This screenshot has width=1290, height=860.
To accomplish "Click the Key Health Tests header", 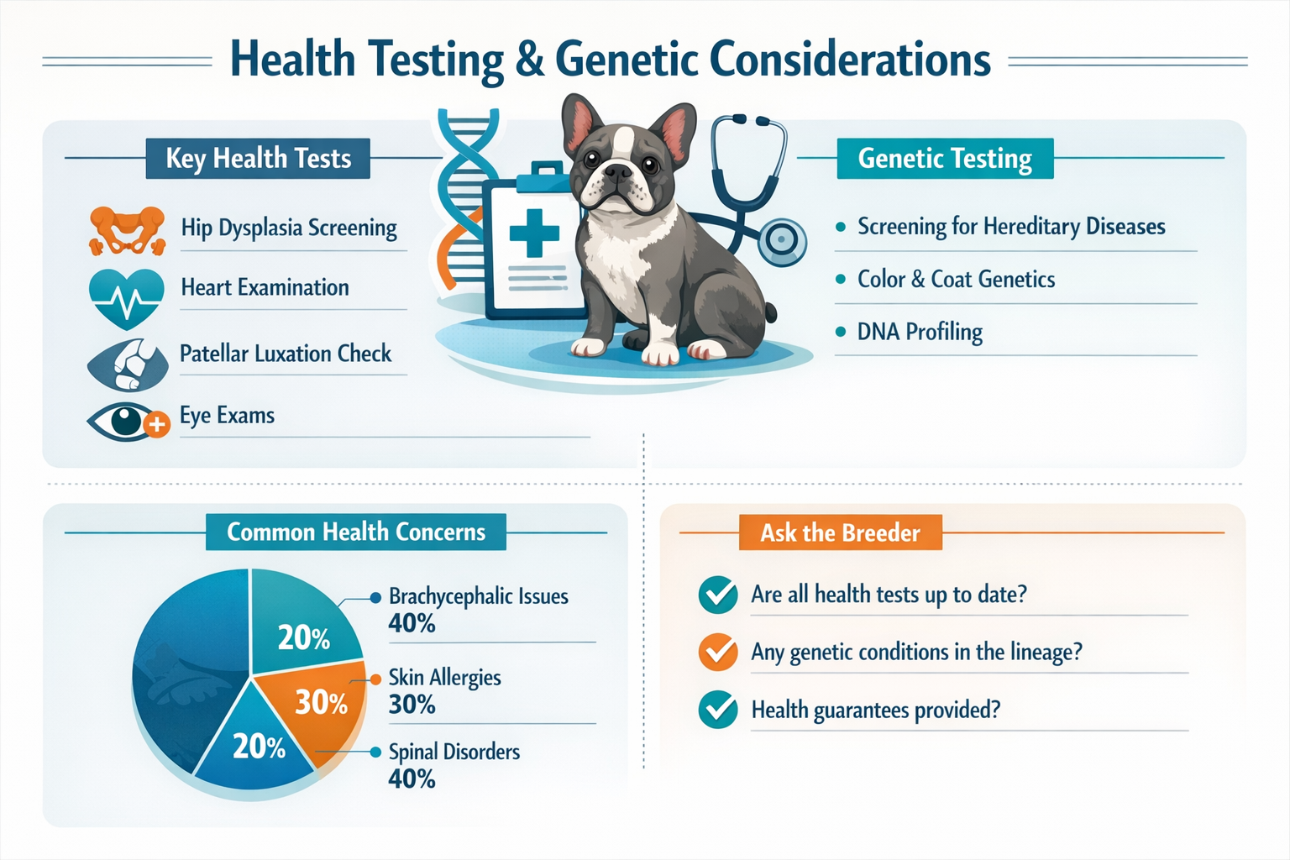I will click(x=258, y=159).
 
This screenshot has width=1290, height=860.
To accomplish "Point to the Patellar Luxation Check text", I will click(x=286, y=354).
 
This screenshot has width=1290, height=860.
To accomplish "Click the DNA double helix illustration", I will click(x=462, y=202).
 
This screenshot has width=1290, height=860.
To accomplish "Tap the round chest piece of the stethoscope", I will click(x=782, y=240).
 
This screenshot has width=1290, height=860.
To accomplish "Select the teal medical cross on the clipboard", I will click(x=534, y=232).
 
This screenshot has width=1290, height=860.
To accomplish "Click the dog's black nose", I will click(x=617, y=172).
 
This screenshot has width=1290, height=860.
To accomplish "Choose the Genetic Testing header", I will click(x=945, y=159).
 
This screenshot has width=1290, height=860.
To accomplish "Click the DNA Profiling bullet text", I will click(x=920, y=333).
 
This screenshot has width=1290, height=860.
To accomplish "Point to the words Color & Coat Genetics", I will click(x=956, y=280).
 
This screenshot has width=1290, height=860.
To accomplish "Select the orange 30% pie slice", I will click(x=315, y=705).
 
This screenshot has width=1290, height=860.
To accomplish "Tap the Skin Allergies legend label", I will click(x=444, y=678).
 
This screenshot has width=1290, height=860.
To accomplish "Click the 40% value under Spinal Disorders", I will click(x=412, y=779).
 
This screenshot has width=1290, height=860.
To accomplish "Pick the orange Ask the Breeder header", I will click(x=840, y=533).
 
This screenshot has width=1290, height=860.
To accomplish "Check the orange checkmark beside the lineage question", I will click(x=718, y=653).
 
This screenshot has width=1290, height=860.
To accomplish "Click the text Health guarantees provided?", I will click(x=875, y=711).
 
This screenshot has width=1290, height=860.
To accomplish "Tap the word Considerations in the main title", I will click(x=849, y=60).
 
